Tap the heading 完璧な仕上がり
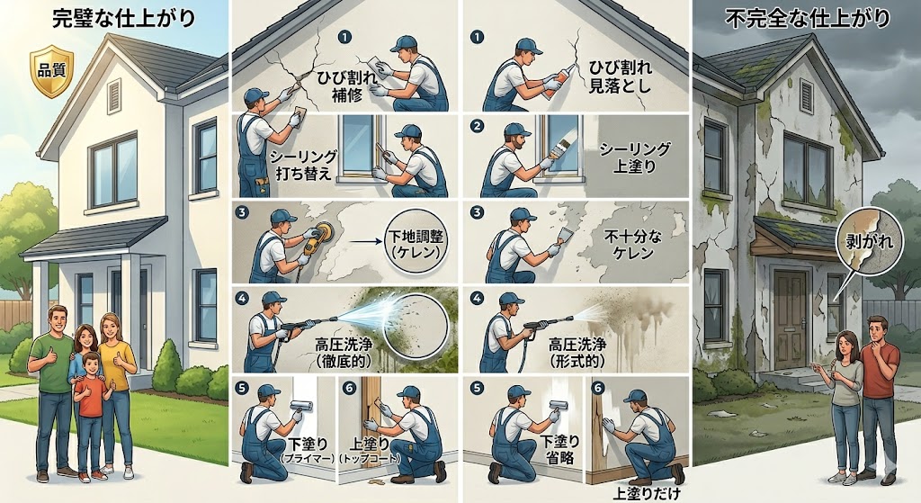point(124,20)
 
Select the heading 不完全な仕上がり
point(808,20)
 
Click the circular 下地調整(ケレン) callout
point(416,245)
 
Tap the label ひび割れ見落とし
point(620,77)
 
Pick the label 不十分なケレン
point(633,245)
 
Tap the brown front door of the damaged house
point(791,319)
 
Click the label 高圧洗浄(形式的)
point(577,352)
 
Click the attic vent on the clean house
point(114,95)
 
